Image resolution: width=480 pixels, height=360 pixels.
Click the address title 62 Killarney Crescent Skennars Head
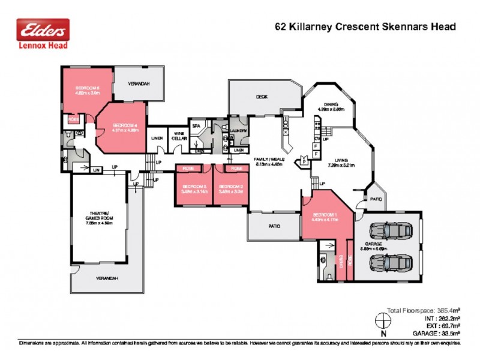365,26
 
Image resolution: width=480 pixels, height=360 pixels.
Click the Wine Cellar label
179,136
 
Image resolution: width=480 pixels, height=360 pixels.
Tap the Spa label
196,126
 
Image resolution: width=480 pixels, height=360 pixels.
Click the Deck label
261,96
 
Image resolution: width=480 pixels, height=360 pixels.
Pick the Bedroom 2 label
230,187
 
